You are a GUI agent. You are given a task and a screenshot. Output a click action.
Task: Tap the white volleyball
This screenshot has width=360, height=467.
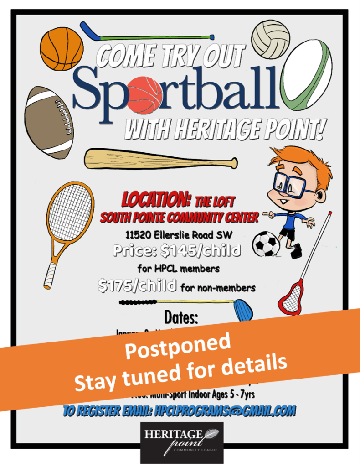[271, 37]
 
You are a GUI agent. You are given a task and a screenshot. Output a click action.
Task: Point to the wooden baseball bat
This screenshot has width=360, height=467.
[159, 159]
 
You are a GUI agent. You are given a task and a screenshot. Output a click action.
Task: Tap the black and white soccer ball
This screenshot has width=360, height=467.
[267, 244]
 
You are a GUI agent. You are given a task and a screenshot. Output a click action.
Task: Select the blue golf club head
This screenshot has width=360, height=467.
[243, 310]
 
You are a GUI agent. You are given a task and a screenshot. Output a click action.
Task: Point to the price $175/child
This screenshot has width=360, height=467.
[138, 286]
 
